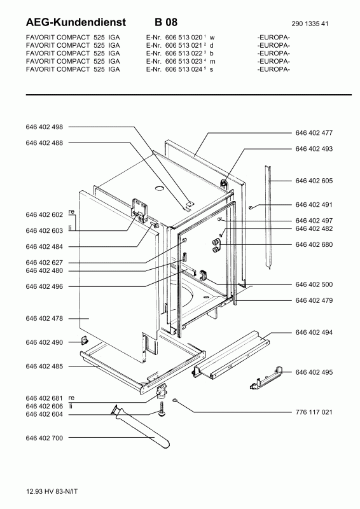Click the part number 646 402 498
[45, 128]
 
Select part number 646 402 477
[314, 133]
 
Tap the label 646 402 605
[314, 181]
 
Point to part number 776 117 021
[314, 412]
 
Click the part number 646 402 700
[45, 438]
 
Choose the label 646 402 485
[45, 366]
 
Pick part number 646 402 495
[314, 372]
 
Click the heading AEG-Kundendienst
[69, 22]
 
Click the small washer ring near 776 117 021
[175, 401]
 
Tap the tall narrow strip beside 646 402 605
[270, 216]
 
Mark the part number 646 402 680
[314, 244]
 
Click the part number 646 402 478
[45, 317]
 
